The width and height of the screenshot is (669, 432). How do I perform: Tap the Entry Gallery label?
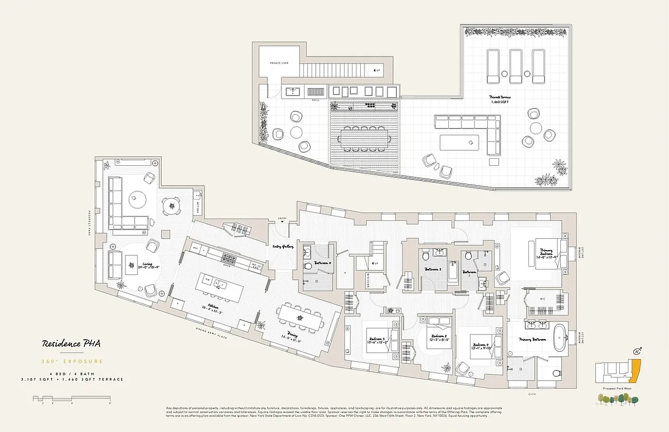pos(282,246)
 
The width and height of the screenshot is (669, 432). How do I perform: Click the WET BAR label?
pos(198,207)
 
